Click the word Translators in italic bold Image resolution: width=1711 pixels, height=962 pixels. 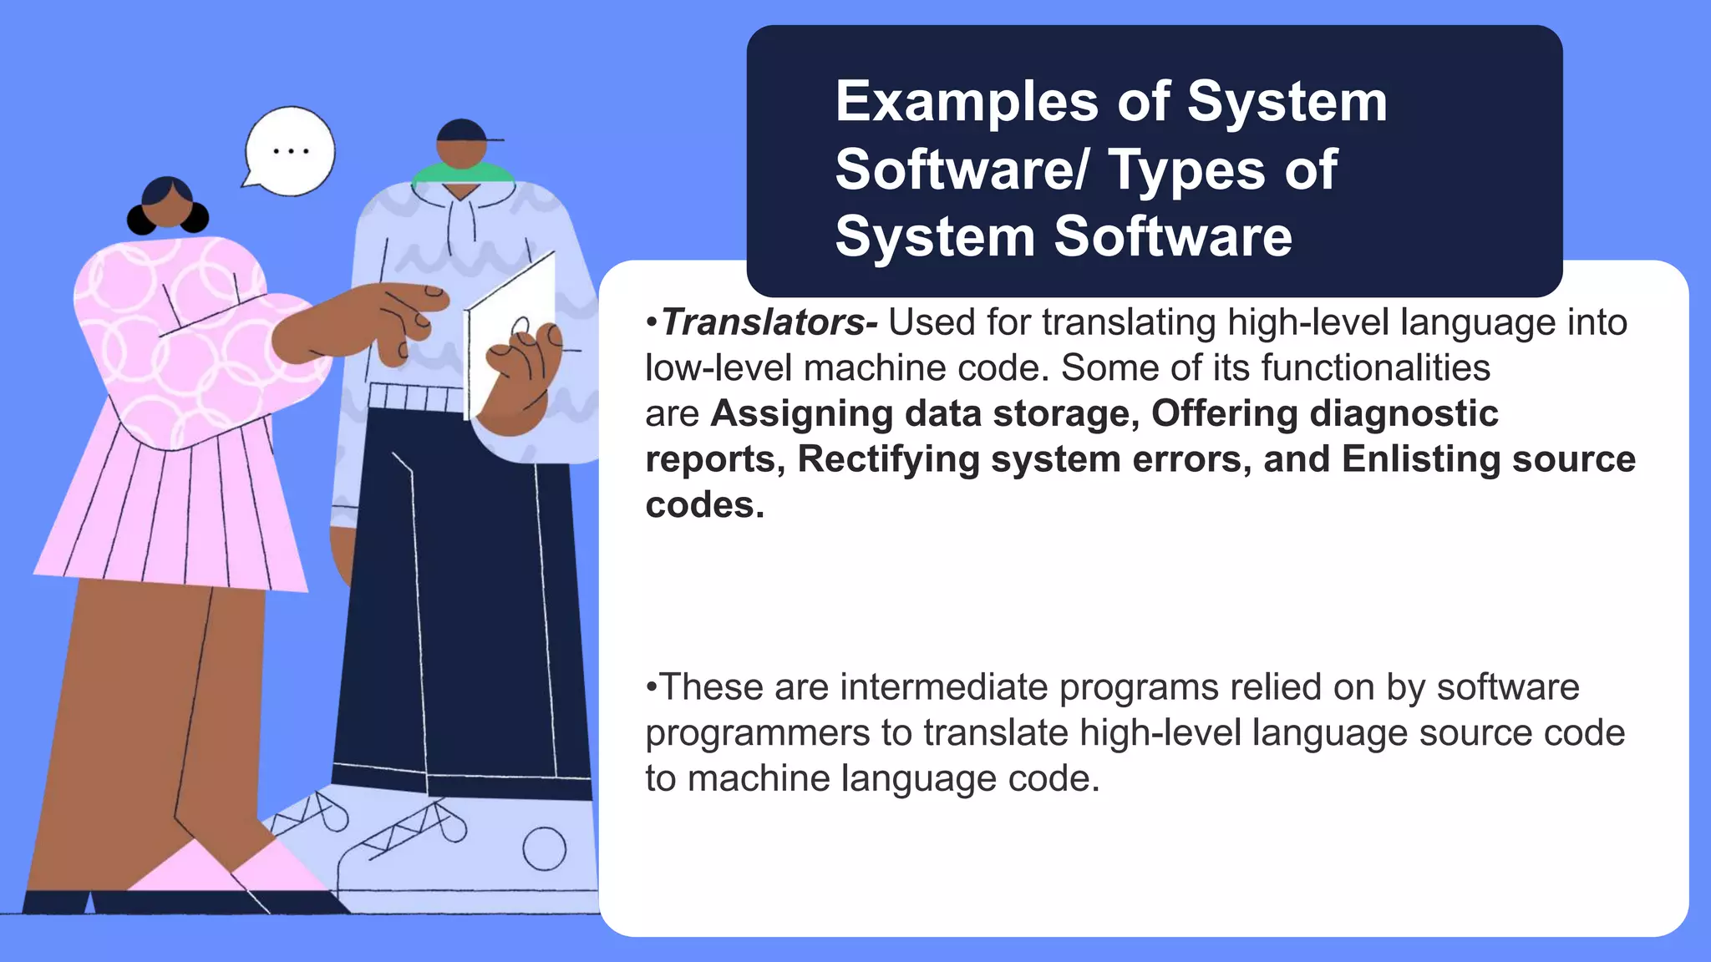point(763,323)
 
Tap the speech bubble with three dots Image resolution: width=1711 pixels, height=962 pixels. point(289,152)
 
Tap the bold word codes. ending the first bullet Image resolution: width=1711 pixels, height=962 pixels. point(704,505)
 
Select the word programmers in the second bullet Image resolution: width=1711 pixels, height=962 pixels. point(758,733)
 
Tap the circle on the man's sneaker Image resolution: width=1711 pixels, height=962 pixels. point(544,849)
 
